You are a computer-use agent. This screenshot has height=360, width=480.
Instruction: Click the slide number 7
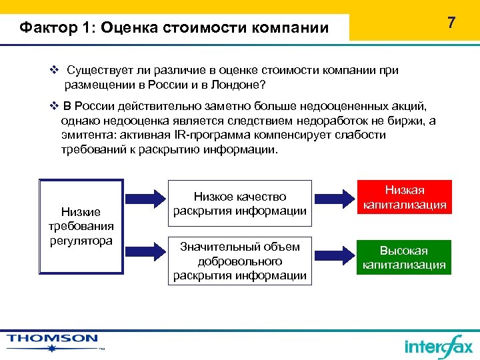click(x=451, y=23)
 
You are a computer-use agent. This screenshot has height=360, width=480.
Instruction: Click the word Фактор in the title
click(x=44, y=28)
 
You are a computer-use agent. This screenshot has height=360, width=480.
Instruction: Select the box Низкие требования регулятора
click(x=81, y=226)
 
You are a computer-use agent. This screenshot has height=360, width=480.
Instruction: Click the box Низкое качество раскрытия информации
click(x=239, y=203)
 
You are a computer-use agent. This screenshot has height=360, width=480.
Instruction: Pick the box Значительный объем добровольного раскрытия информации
click(x=239, y=261)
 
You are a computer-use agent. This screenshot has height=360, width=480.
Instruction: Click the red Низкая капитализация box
click(x=404, y=197)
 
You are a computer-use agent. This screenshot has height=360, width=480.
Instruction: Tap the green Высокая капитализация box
click(x=404, y=257)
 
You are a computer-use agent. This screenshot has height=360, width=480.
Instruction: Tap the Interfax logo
click(x=438, y=345)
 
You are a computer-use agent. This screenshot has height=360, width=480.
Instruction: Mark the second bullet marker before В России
click(x=55, y=106)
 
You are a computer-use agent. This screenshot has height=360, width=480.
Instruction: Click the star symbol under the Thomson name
click(x=51, y=347)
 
